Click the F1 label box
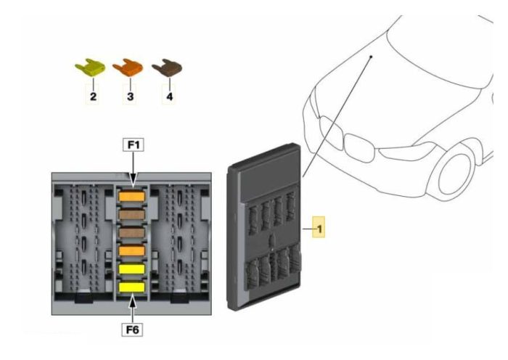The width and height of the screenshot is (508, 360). pos(133,145)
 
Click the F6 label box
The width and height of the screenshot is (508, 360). pos(132,330)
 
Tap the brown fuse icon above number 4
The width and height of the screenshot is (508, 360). pos(167,67)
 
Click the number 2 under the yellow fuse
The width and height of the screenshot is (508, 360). pos(93,97)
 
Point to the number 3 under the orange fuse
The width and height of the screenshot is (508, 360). pos(130,97)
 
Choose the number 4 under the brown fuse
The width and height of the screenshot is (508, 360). pos(169,97)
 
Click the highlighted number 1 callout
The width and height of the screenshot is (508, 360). pos(319,227)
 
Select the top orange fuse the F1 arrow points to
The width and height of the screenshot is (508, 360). pos(131,197)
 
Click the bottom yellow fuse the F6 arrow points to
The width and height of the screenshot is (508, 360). pos(131,287)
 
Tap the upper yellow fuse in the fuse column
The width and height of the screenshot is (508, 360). pos(131,269)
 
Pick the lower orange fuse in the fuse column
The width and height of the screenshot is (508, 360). pos(131,251)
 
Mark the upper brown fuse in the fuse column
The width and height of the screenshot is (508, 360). pos(131,215)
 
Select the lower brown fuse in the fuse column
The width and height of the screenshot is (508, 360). pos(131,233)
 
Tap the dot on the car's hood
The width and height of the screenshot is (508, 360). pos(372,57)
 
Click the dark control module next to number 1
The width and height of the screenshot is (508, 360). pos(264,227)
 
